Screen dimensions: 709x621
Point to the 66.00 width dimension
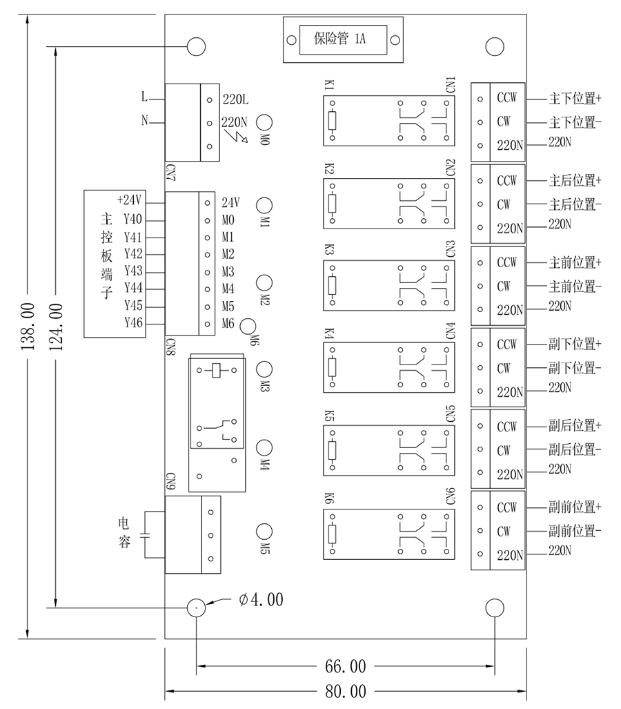tap(346, 667)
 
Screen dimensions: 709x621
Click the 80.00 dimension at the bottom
tap(346, 690)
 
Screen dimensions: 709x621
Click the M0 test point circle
tap(264, 122)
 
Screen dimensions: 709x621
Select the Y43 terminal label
tap(133, 271)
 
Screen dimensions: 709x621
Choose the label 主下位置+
tap(575, 99)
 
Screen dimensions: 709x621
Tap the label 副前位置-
tap(575, 531)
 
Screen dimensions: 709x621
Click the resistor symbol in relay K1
tap(332, 122)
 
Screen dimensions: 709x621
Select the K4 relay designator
tap(328, 334)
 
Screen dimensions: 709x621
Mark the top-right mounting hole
tap(495, 46)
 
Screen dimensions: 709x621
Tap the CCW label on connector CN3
tap(506, 263)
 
